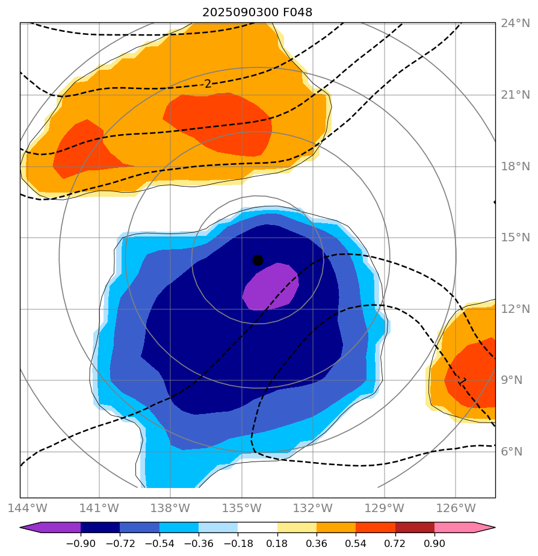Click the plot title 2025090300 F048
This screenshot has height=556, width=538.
257,12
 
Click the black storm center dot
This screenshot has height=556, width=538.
258,260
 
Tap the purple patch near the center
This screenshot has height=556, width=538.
271,288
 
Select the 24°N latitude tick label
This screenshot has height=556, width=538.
516,23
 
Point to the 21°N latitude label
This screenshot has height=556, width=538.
516,95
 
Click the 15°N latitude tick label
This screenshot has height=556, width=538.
516,238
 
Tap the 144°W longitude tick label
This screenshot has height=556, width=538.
28,508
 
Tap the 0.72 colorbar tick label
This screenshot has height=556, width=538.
395,542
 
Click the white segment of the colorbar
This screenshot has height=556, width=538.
258,528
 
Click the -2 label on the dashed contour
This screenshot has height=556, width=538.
207,84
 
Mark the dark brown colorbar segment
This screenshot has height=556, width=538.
415,528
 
